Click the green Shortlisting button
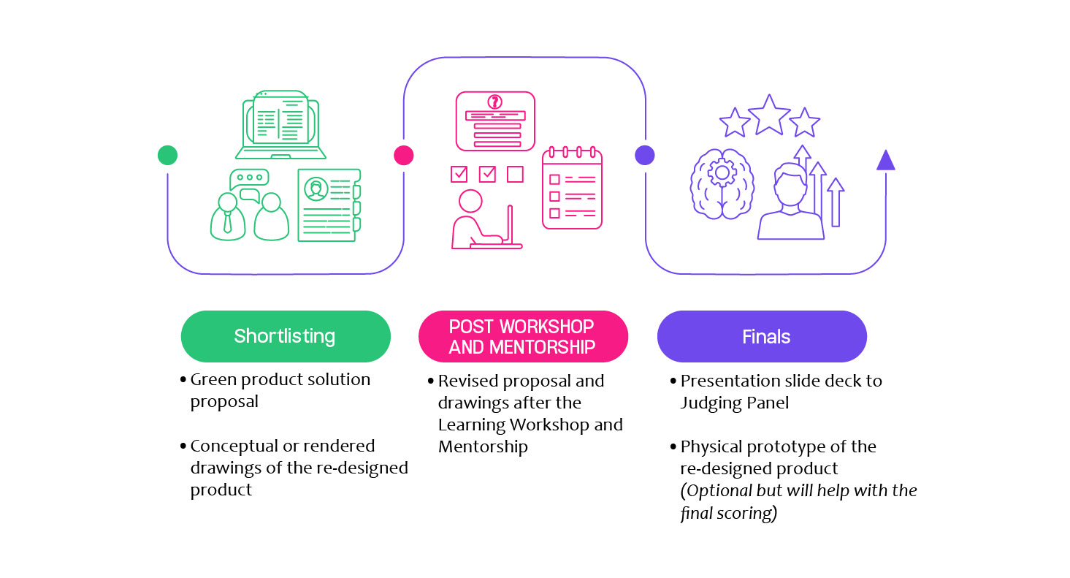(x=286, y=336)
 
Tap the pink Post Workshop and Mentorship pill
(x=523, y=336)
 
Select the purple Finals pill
(x=762, y=336)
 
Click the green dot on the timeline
(x=168, y=156)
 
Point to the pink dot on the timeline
(x=404, y=156)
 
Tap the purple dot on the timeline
(x=645, y=156)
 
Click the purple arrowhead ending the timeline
(x=886, y=160)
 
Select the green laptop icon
(x=281, y=124)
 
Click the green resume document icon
(x=329, y=205)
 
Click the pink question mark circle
(x=495, y=102)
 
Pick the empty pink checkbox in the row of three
(x=515, y=174)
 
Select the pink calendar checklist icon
(x=573, y=188)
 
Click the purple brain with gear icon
(x=722, y=184)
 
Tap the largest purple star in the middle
(x=769, y=115)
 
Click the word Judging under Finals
(x=711, y=403)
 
